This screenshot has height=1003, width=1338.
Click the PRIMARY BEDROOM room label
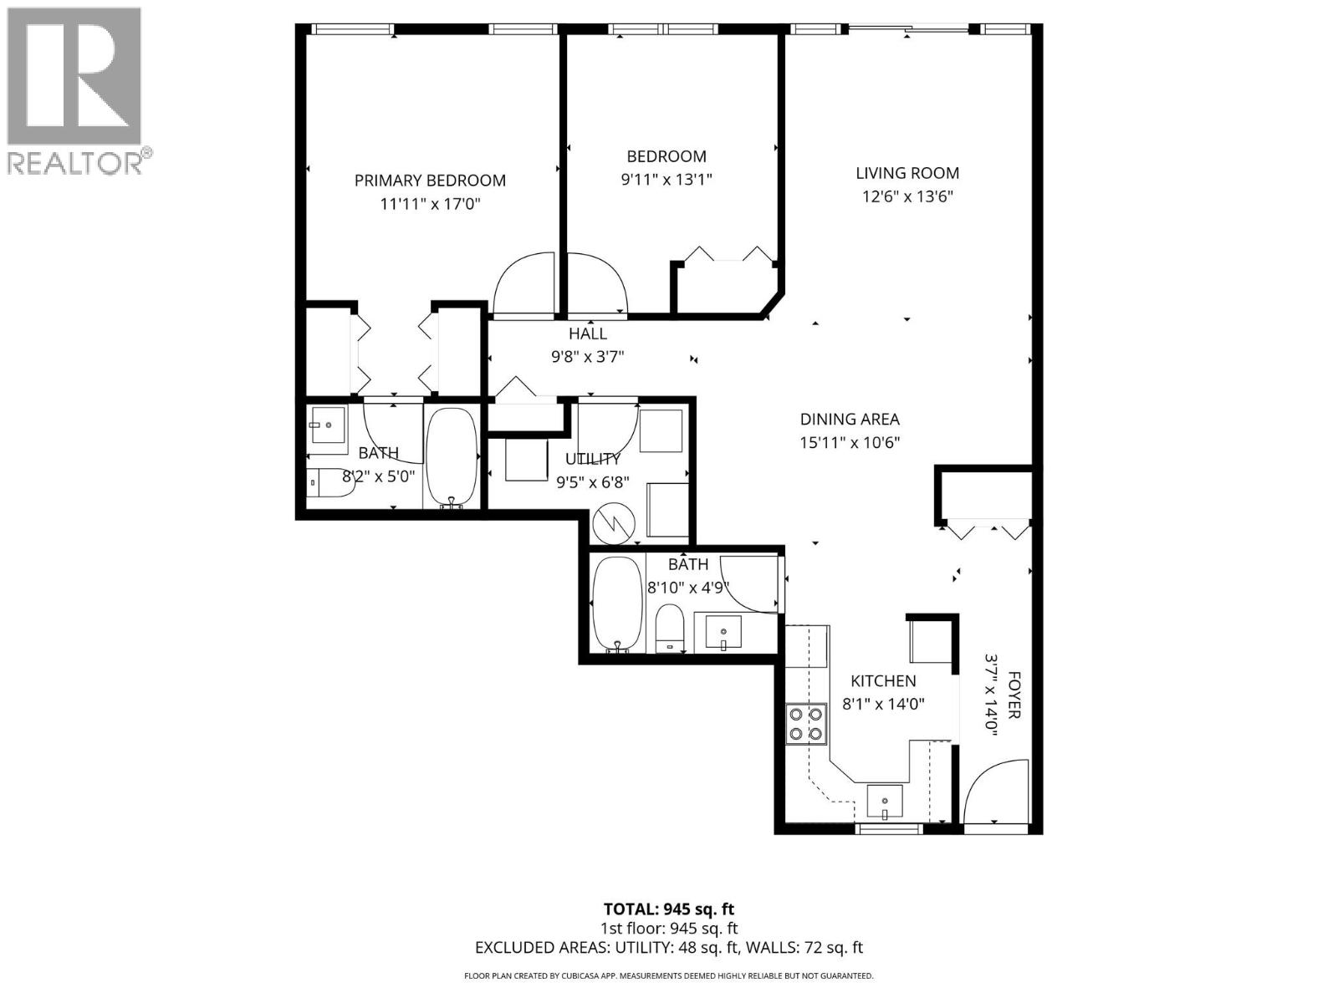click(430, 181)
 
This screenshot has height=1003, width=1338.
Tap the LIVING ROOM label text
click(907, 173)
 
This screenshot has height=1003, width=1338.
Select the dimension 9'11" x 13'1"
click(666, 180)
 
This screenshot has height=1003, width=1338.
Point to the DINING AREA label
click(850, 419)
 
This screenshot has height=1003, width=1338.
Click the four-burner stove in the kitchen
click(806, 724)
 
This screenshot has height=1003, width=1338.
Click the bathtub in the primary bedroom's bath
click(452, 456)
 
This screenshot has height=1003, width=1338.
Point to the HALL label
click(588, 333)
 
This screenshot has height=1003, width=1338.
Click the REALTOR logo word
click(75, 163)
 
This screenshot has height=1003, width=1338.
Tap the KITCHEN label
click(883, 681)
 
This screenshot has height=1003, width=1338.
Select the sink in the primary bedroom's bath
click(329, 425)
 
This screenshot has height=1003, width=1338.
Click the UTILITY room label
click(593, 459)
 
